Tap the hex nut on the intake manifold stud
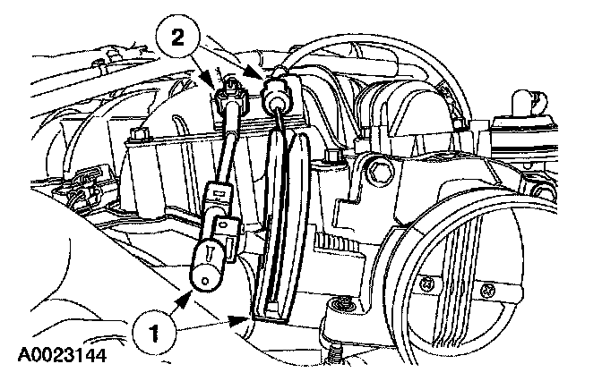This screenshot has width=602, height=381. tap(138, 136)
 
